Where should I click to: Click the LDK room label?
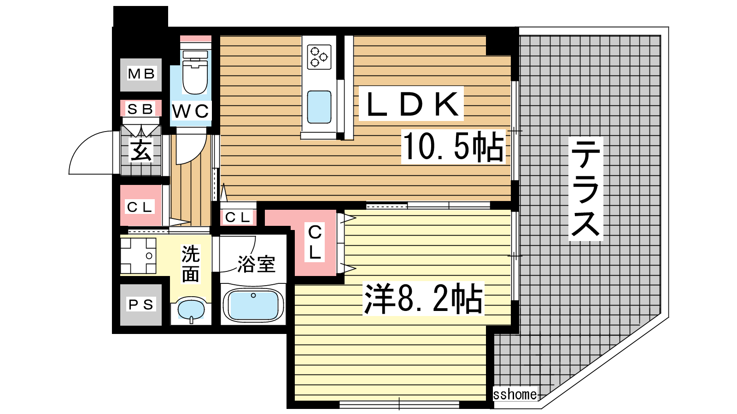tap(412, 103)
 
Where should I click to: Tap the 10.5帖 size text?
tap(453, 147)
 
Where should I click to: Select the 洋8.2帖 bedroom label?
tap(423, 299)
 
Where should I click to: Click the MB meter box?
tap(141, 75)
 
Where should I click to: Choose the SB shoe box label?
tap(140, 109)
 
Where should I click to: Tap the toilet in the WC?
tap(195, 72)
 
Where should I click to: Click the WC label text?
tap(191, 111)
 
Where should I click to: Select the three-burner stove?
tap(319, 57)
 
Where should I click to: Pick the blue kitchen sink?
tap(319, 107)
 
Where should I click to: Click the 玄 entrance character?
tap(141, 151)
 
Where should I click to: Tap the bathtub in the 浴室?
tap(253, 305)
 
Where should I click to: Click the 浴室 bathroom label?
tap(256, 264)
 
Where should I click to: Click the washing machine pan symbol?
tap(138, 256)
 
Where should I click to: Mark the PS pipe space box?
tap(141, 305)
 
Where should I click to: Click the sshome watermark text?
tap(515, 394)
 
